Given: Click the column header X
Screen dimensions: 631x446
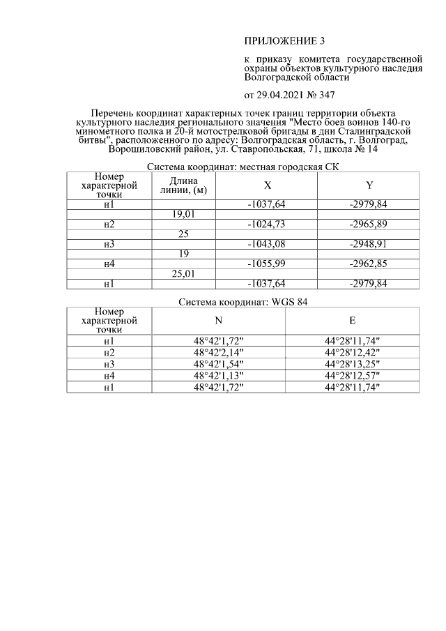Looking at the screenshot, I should pyautogui.click(x=267, y=185).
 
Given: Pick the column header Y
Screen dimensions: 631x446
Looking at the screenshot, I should pyautogui.click(x=369, y=185).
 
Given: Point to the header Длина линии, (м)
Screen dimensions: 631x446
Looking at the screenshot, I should pyautogui.click(x=184, y=185).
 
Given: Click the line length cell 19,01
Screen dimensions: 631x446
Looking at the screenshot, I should pyautogui.click(x=184, y=214).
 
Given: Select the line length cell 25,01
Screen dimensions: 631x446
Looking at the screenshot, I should pyautogui.click(x=184, y=274).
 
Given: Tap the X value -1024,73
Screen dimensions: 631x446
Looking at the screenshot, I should pyautogui.click(x=267, y=224).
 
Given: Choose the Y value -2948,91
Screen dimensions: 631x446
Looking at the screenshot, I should pyautogui.click(x=369, y=244).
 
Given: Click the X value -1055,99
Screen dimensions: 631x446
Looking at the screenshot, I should pyautogui.click(x=267, y=264).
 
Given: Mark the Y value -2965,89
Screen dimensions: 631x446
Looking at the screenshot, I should pyautogui.click(x=369, y=224).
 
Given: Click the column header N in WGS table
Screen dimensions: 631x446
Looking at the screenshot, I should pyautogui.click(x=218, y=320).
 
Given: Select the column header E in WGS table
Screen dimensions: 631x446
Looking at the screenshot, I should pyautogui.click(x=352, y=320).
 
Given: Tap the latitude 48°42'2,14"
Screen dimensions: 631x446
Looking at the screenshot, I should pyautogui.click(x=218, y=353).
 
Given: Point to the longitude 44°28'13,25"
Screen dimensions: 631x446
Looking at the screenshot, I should pyautogui.click(x=352, y=365).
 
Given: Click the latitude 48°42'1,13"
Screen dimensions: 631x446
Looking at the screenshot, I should pyautogui.click(x=218, y=376).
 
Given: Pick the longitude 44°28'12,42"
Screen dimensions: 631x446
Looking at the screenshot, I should pyautogui.click(x=352, y=353).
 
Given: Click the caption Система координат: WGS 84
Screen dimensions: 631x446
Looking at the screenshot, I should pyautogui.click(x=243, y=302).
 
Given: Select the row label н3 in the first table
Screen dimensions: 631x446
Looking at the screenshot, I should pyautogui.click(x=109, y=244).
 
